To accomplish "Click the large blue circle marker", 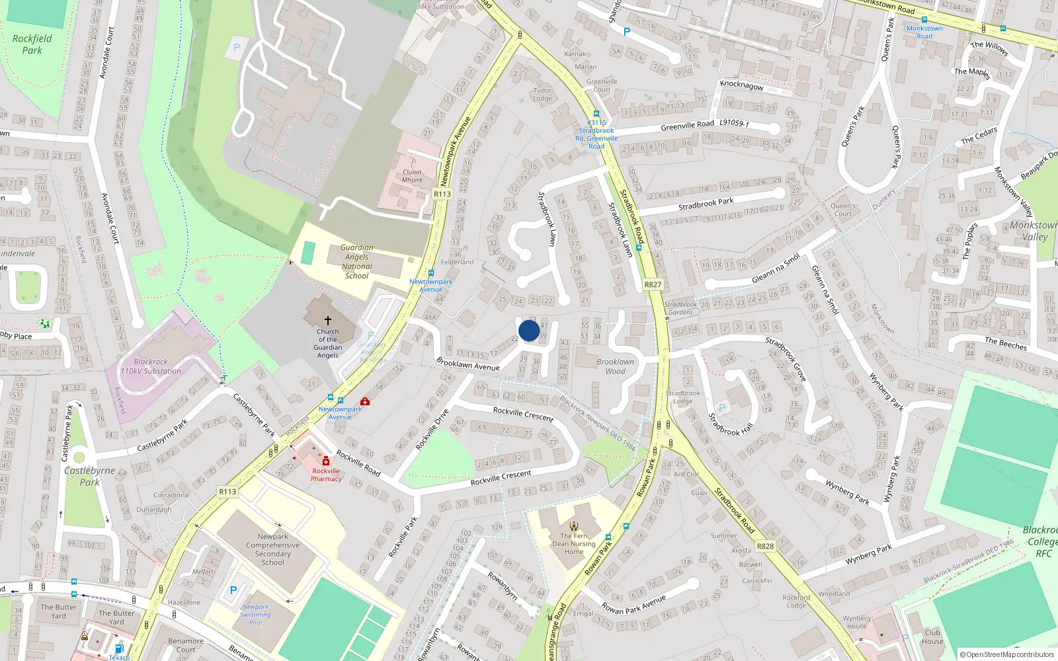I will click(528, 330).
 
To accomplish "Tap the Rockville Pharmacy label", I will click(326, 475).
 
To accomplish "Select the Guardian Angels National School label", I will click(357, 262).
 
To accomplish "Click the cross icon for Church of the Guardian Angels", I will click(327, 320).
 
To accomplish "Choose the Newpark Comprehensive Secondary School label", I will click(272, 549).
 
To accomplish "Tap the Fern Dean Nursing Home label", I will click(574, 543).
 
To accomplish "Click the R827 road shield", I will click(653, 284).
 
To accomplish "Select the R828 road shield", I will click(765, 546).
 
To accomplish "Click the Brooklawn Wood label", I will click(615, 366).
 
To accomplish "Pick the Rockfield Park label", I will click(32, 44).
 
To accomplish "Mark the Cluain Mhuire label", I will click(412, 176).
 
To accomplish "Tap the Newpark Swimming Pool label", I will click(255, 615).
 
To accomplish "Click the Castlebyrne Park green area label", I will click(90, 476).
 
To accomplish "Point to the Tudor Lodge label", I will click(542, 95).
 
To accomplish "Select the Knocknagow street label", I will click(741, 85).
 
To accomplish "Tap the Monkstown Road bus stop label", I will click(924, 32).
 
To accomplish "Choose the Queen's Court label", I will click(842, 210).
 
